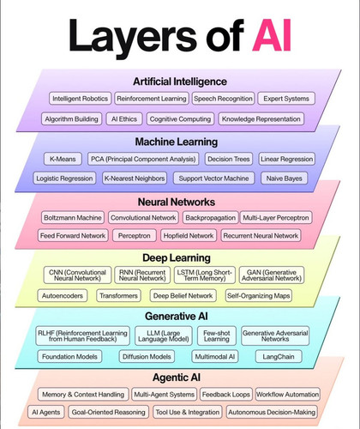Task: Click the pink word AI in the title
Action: (272, 35)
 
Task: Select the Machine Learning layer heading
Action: (177, 142)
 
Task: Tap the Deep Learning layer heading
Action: (177, 258)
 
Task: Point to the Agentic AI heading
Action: (177, 378)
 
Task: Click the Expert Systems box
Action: (286, 99)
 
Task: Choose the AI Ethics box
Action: (124, 119)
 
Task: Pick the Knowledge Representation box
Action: (261, 119)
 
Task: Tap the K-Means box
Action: (63, 159)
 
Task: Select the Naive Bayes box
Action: (285, 178)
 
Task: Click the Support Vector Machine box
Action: (213, 178)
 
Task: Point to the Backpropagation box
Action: (211, 218)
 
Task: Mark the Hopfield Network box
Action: (189, 236)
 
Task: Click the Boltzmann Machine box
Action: (73, 218)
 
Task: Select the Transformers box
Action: (118, 296)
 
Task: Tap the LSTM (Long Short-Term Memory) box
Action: (205, 275)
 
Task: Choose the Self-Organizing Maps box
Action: (259, 296)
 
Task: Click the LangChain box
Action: (279, 357)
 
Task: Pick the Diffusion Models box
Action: (147, 357)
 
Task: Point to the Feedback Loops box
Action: (226, 395)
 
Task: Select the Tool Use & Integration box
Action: (188, 412)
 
